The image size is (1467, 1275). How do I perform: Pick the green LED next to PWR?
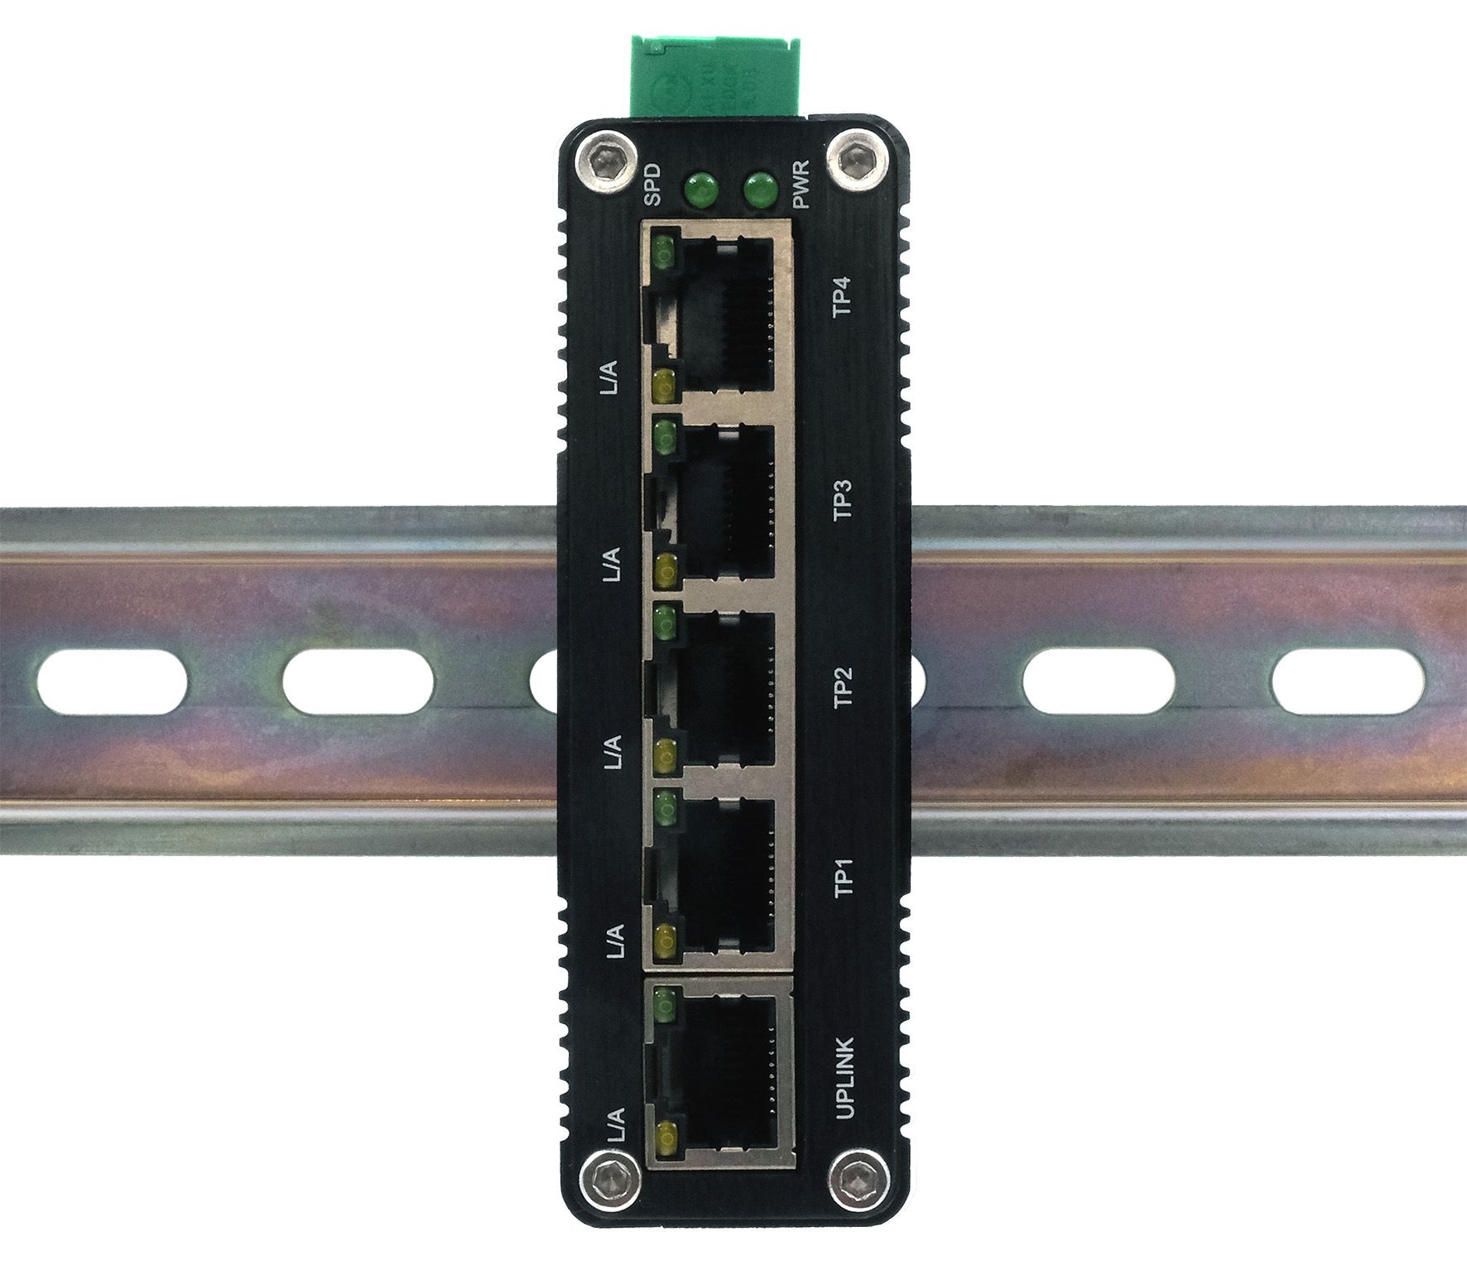point(760,190)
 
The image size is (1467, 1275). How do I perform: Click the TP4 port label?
point(843,296)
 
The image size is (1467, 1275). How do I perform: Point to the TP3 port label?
point(843,500)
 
